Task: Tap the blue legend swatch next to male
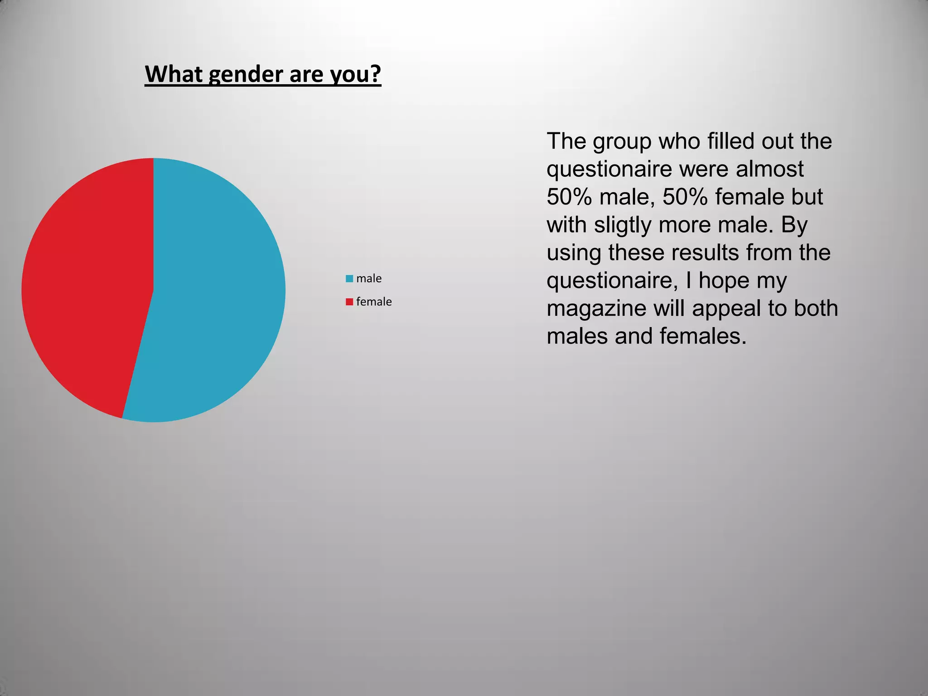(x=349, y=279)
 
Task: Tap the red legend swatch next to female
(x=349, y=302)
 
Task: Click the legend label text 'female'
(x=374, y=302)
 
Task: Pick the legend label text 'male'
(x=369, y=279)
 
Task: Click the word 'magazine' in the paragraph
(x=596, y=309)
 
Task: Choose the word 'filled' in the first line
(x=725, y=141)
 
